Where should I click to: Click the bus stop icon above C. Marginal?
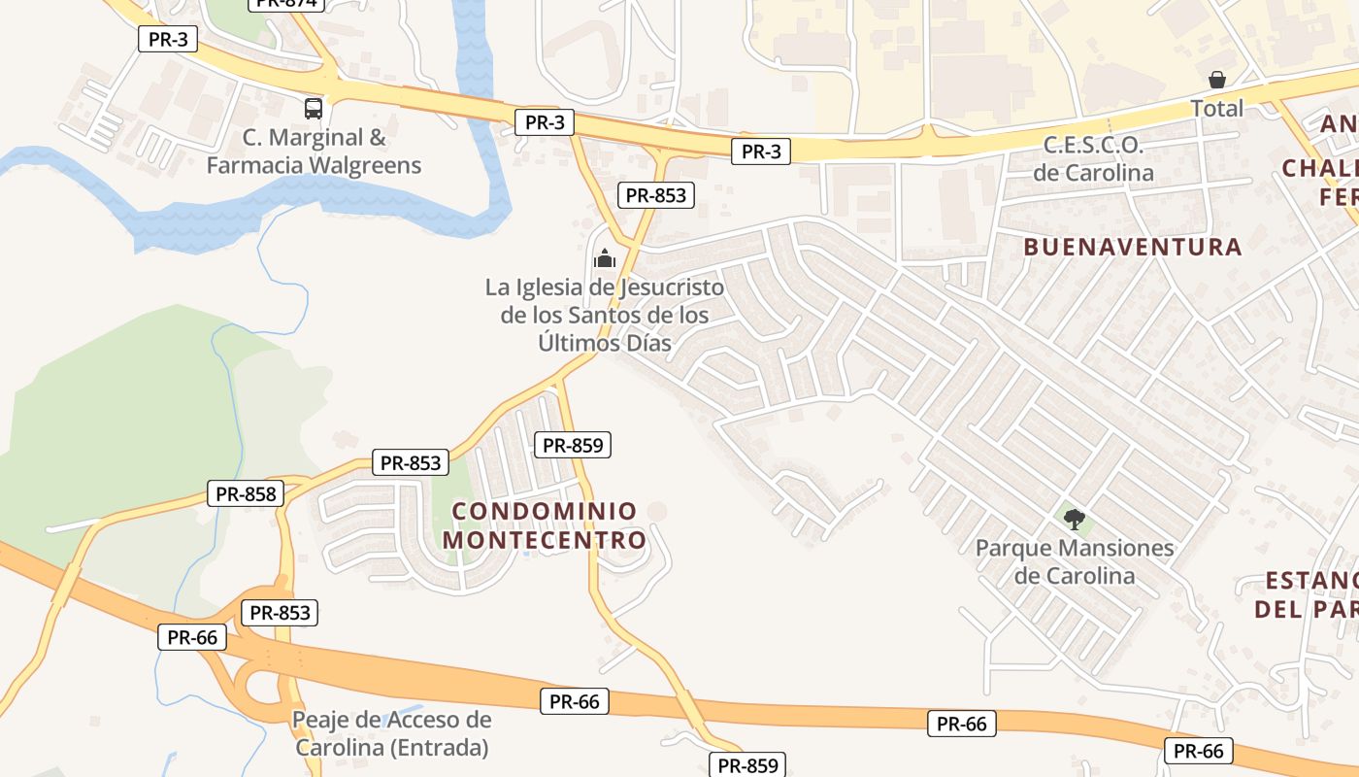313,108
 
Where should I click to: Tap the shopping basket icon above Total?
1217,80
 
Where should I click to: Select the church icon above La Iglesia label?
605,258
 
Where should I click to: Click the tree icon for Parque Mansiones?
1074,520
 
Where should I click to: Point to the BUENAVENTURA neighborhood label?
1133,247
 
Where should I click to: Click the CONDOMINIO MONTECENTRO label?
545,525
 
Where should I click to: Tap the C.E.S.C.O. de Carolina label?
1093,160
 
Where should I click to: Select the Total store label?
1217,108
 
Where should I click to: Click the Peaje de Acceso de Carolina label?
392,734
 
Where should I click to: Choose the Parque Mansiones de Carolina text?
1075,561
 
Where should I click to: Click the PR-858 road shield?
247,493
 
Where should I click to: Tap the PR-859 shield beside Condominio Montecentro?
573,445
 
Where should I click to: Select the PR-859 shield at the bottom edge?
748,765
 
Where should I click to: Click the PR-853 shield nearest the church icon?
655,195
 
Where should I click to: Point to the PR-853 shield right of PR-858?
412,463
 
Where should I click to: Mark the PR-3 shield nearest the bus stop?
169,39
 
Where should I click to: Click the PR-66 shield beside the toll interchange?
192,637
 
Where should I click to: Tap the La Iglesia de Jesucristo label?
605,315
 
